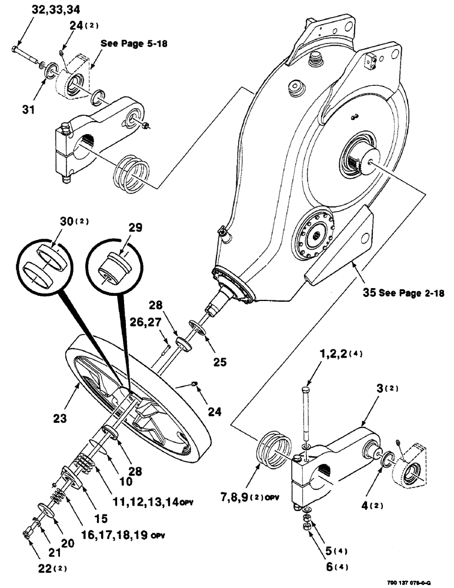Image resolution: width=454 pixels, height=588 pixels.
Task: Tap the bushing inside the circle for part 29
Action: point(113,266)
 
